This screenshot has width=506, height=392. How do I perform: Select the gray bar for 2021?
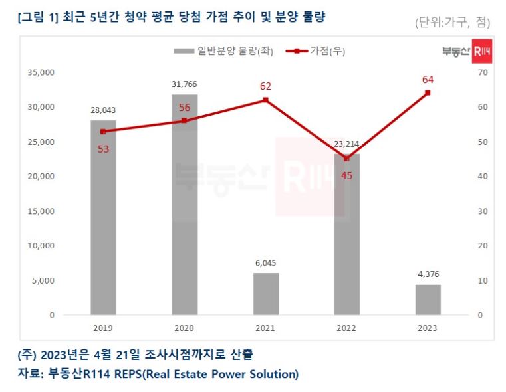pyautogui.click(x=265, y=294)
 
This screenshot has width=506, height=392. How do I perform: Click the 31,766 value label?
pyautogui.click(x=184, y=84)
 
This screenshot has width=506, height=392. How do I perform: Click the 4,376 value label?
pyautogui.click(x=428, y=274)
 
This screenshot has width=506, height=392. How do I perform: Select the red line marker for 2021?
pyautogui.click(x=265, y=100)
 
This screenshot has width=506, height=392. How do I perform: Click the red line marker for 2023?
pyautogui.click(x=428, y=93)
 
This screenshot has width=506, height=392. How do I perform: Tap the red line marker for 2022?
pyautogui.click(x=346, y=159)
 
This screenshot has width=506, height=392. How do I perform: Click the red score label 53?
pyautogui.click(x=103, y=149)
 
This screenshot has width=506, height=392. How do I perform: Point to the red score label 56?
pyautogui.click(x=184, y=108)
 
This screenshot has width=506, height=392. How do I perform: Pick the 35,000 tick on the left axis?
pyautogui.click(x=41, y=72)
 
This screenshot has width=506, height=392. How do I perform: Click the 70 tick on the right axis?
pyautogui.click(x=483, y=72)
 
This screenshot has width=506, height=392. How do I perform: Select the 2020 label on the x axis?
pyautogui.click(x=184, y=328)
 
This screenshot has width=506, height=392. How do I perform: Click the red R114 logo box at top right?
pyautogui.click(x=481, y=52)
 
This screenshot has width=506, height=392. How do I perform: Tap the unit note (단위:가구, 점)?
pyautogui.click(x=451, y=23)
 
